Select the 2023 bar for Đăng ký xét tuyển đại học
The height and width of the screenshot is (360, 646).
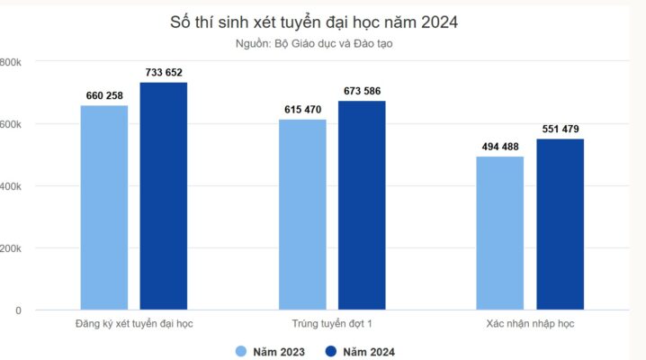(x=104, y=207)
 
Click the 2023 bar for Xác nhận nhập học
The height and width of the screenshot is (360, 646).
(x=500, y=233)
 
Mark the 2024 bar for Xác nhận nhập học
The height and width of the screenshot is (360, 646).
(x=560, y=224)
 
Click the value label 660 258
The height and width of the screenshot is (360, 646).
(x=104, y=94)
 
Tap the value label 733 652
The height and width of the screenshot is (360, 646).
(x=164, y=72)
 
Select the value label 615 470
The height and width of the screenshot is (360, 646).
(x=302, y=109)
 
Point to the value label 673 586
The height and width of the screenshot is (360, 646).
(x=362, y=91)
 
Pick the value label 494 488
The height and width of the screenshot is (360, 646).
(x=500, y=147)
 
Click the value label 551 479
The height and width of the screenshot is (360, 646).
(x=560, y=129)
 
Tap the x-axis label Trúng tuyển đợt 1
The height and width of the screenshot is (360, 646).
(x=332, y=322)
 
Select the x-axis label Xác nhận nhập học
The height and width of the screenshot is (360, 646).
(x=530, y=322)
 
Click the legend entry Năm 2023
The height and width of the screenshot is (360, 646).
(x=271, y=352)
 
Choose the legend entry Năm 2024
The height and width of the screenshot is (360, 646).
(x=359, y=352)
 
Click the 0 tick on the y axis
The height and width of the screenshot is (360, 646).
(x=17, y=310)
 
